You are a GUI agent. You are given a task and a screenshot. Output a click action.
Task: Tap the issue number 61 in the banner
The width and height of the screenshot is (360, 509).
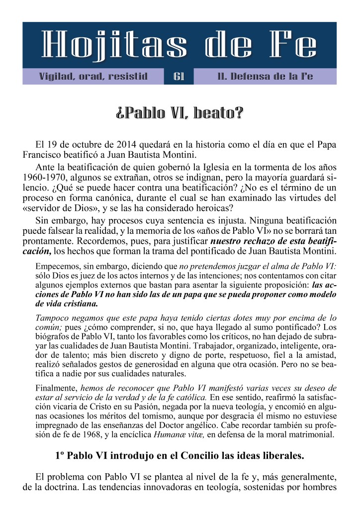(179, 77)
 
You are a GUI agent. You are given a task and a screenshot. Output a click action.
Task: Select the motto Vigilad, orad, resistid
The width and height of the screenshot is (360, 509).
(93, 77)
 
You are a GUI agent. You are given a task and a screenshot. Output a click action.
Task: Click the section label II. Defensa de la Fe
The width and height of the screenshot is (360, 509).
(265, 77)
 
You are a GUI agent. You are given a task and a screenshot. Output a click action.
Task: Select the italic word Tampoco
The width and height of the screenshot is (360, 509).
(52, 317)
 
